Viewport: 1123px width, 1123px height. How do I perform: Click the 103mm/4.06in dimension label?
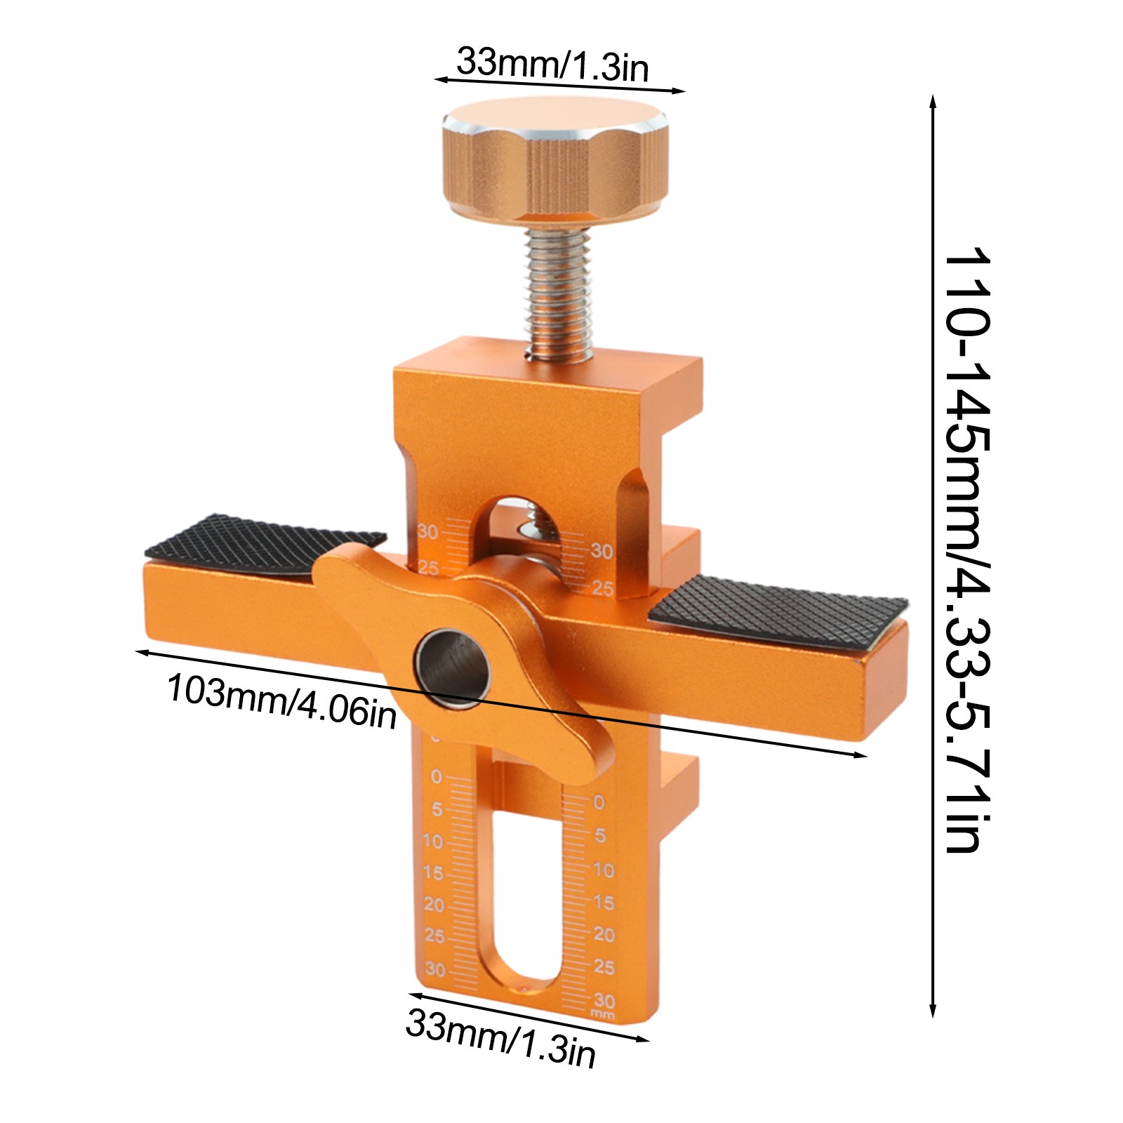281,700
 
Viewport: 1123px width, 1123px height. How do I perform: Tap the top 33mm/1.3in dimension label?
553,64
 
